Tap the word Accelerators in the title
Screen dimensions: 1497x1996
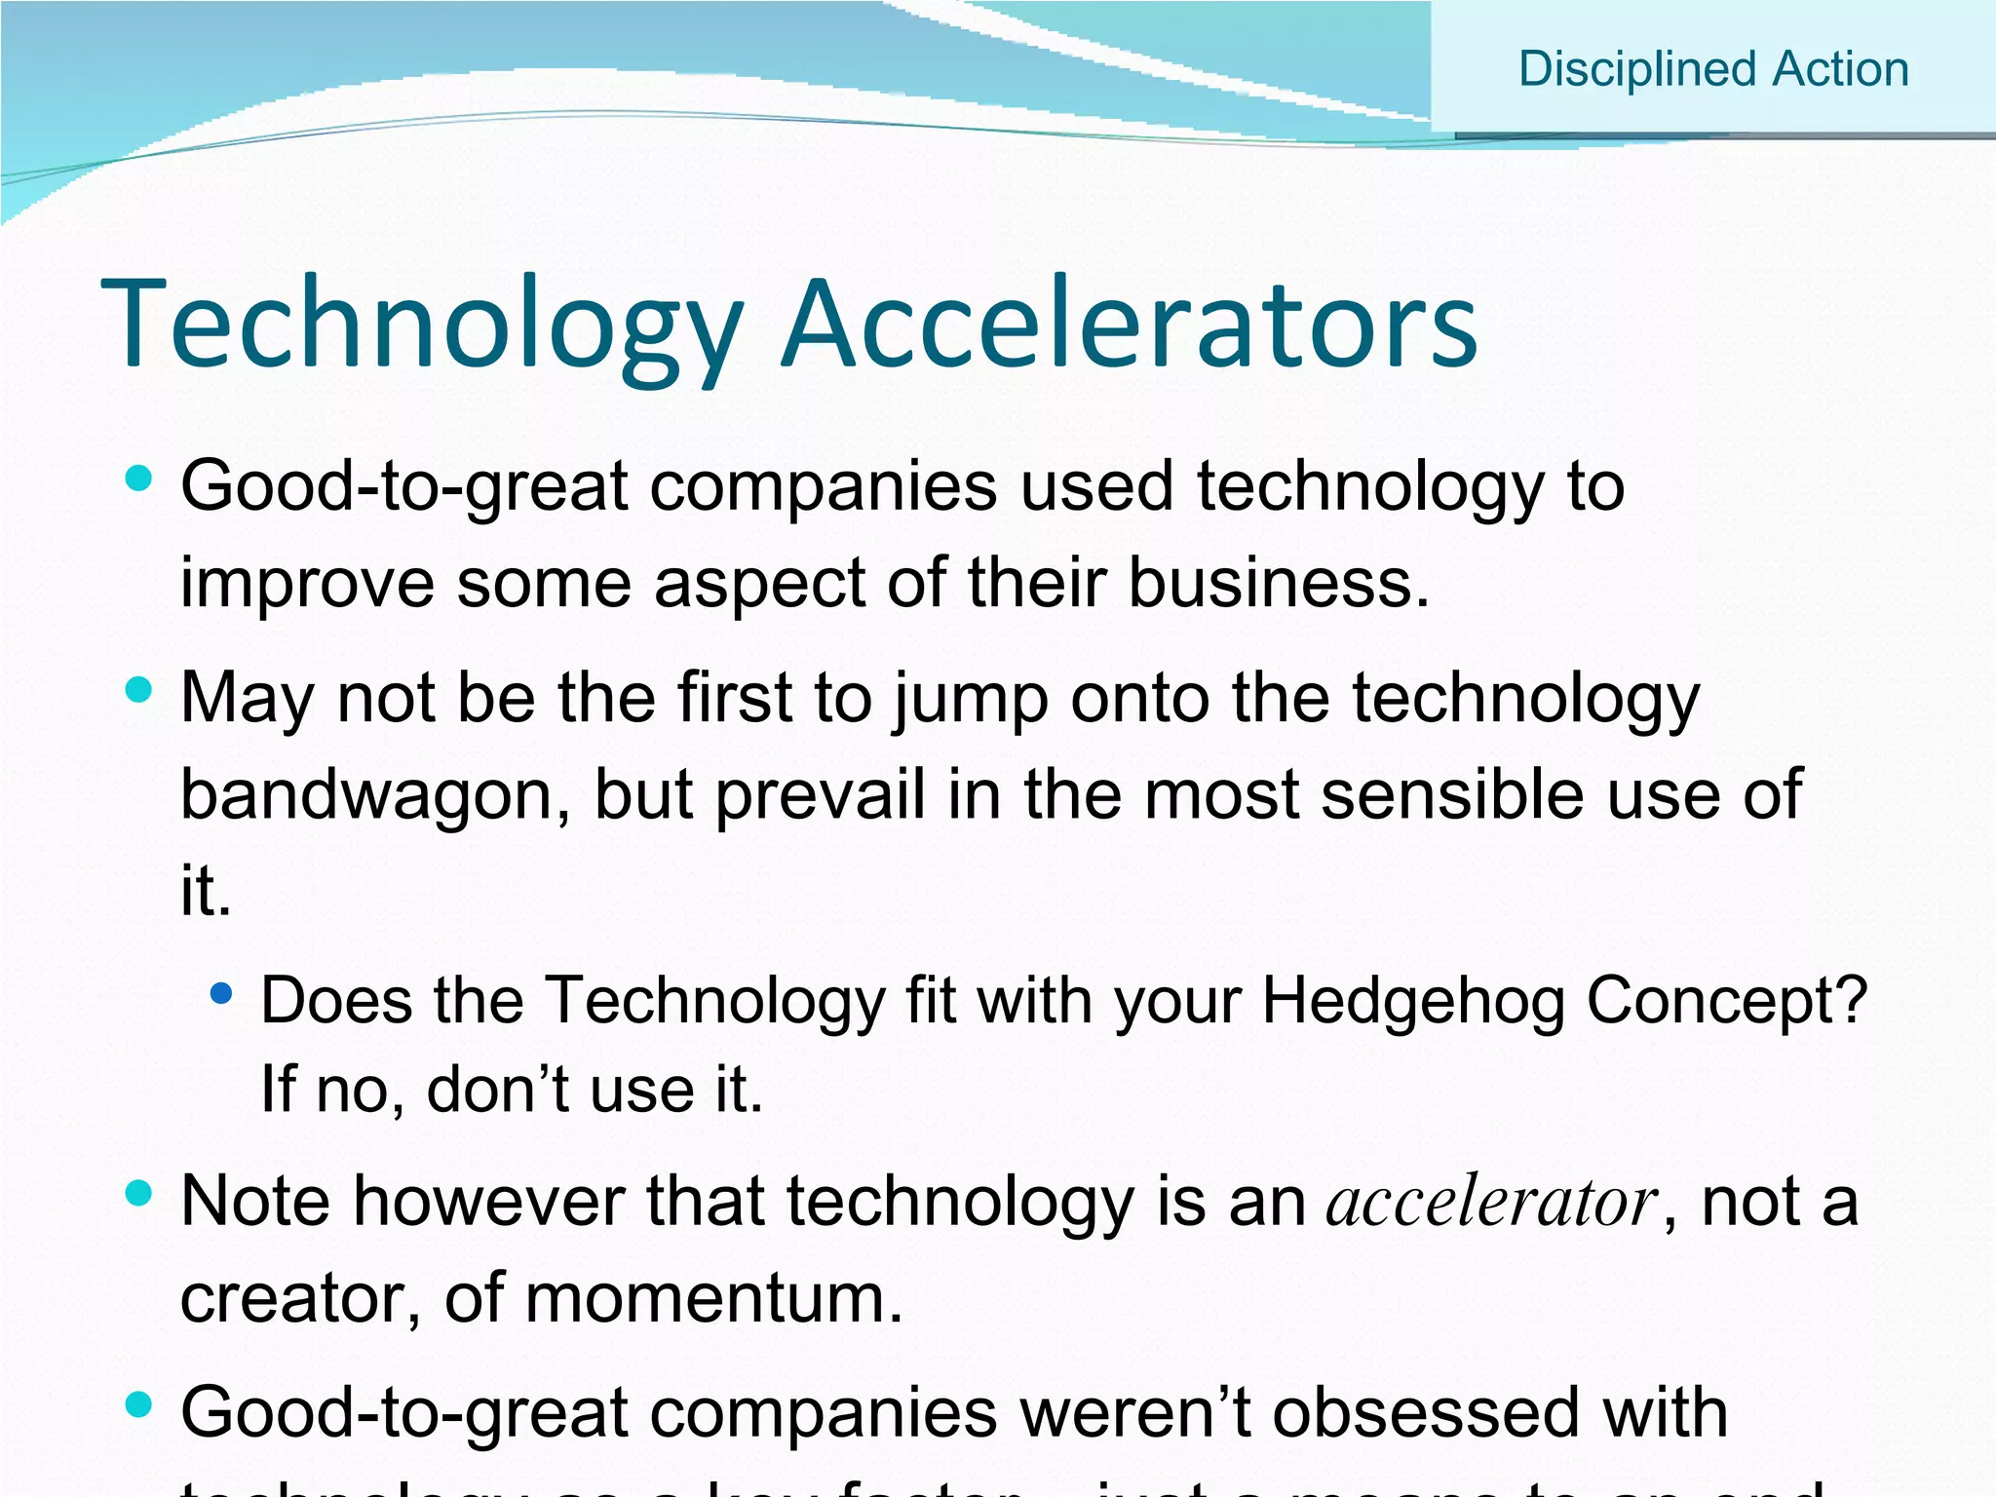(1131, 325)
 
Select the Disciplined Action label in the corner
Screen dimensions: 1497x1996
(1713, 69)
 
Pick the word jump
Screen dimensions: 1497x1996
(971, 700)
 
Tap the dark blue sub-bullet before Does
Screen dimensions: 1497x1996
(222, 994)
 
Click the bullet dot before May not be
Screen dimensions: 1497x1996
(139, 690)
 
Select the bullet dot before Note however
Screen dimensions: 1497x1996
(139, 1193)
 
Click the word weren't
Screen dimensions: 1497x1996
(1134, 1412)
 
